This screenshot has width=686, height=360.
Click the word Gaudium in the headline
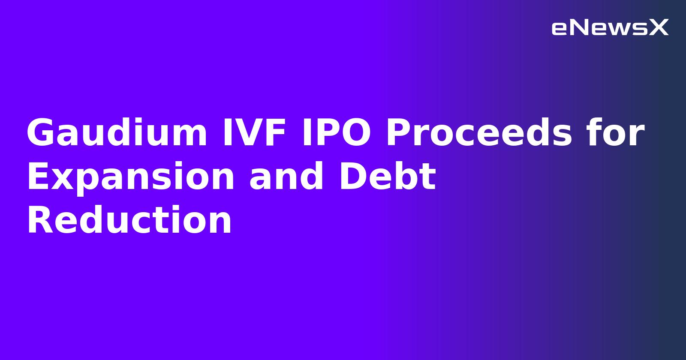pos(117,133)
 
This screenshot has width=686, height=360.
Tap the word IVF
pos(254,133)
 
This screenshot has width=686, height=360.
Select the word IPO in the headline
pos(336,133)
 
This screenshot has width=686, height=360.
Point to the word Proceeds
pos(479,133)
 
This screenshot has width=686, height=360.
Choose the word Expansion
pos(130,177)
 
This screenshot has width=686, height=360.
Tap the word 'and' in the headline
pos(286,177)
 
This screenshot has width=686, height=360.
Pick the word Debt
pos(387,177)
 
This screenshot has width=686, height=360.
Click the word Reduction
pos(129,221)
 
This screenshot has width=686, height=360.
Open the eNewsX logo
pos(610,28)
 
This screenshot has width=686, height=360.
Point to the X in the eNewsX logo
pos(659,28)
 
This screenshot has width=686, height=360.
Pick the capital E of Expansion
pos(38,177)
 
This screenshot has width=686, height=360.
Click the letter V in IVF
pos(253,133)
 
